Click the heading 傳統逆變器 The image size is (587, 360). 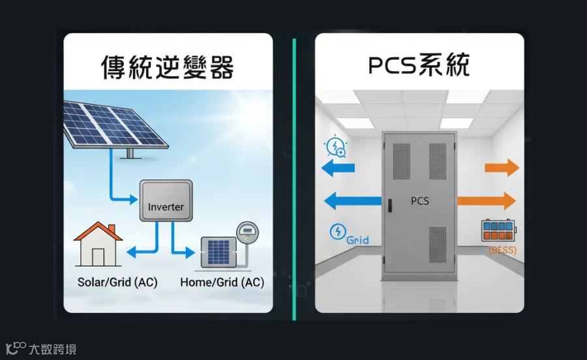click(x=168, y=67)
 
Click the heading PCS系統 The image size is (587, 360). click(x=419, y=65)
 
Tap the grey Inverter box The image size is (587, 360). click(x=166, y=201)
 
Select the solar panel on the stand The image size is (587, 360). click(x=114, y=125)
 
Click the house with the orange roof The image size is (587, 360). click(x=98, y=244)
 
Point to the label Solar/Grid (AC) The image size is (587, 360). click(x=117, y=282)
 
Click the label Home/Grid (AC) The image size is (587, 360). click(x=222, y=282)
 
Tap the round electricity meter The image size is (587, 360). click(x=247, y=232)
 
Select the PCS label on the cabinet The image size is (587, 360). click(x=419, y=201)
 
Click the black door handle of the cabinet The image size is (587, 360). click(x=390, y=205)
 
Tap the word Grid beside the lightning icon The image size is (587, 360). click(x=357, y=240)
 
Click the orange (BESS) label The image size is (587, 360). click(x=502, y=250)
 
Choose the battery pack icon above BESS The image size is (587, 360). click(x=498, y=230)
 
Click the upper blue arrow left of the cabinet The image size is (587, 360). click(x=338, y=168)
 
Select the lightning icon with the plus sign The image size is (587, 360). click(x=336, y=146)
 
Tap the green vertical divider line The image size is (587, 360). click(x=294, y=179)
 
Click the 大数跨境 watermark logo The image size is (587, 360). click(x=41, y=349)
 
